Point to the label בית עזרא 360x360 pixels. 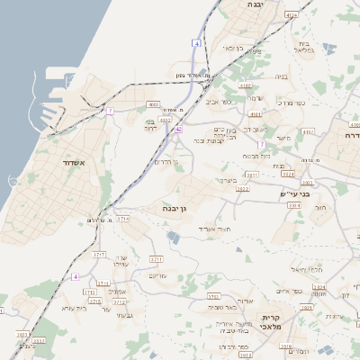click(x=75, y=308)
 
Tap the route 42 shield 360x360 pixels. click(x=179, y=130)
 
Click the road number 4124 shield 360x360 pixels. click(x=291, y=15)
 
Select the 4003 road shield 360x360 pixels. click(x=153, y=104)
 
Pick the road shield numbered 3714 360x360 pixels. click(x=122, y=219)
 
